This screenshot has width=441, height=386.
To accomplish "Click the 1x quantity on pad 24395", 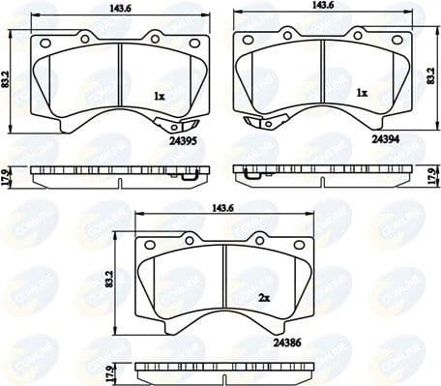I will point(159,96).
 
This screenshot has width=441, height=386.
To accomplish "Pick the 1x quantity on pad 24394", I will point(362,94).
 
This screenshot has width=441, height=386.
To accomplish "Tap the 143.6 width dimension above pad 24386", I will point(224,206).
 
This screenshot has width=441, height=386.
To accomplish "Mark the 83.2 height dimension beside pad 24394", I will point(431,77).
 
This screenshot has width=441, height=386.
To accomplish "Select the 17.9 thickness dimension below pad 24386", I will point(112,370).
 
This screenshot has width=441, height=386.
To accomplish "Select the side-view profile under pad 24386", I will point(224,369).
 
